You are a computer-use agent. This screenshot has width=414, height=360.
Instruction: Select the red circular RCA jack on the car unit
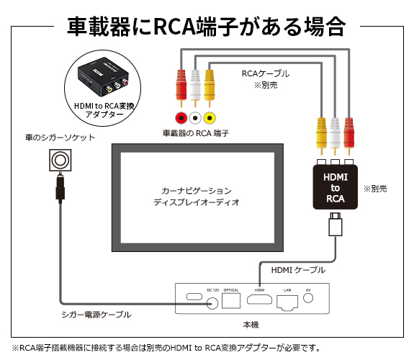[x=181, y=117]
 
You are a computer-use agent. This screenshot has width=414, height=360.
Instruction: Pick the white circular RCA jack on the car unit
[x=194, y=117]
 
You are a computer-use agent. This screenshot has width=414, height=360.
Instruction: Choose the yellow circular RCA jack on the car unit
[x=209, y=117]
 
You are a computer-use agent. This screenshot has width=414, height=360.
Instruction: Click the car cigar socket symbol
[x=59, y=158]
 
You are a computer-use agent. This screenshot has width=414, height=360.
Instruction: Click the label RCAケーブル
[x=265, y=73]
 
